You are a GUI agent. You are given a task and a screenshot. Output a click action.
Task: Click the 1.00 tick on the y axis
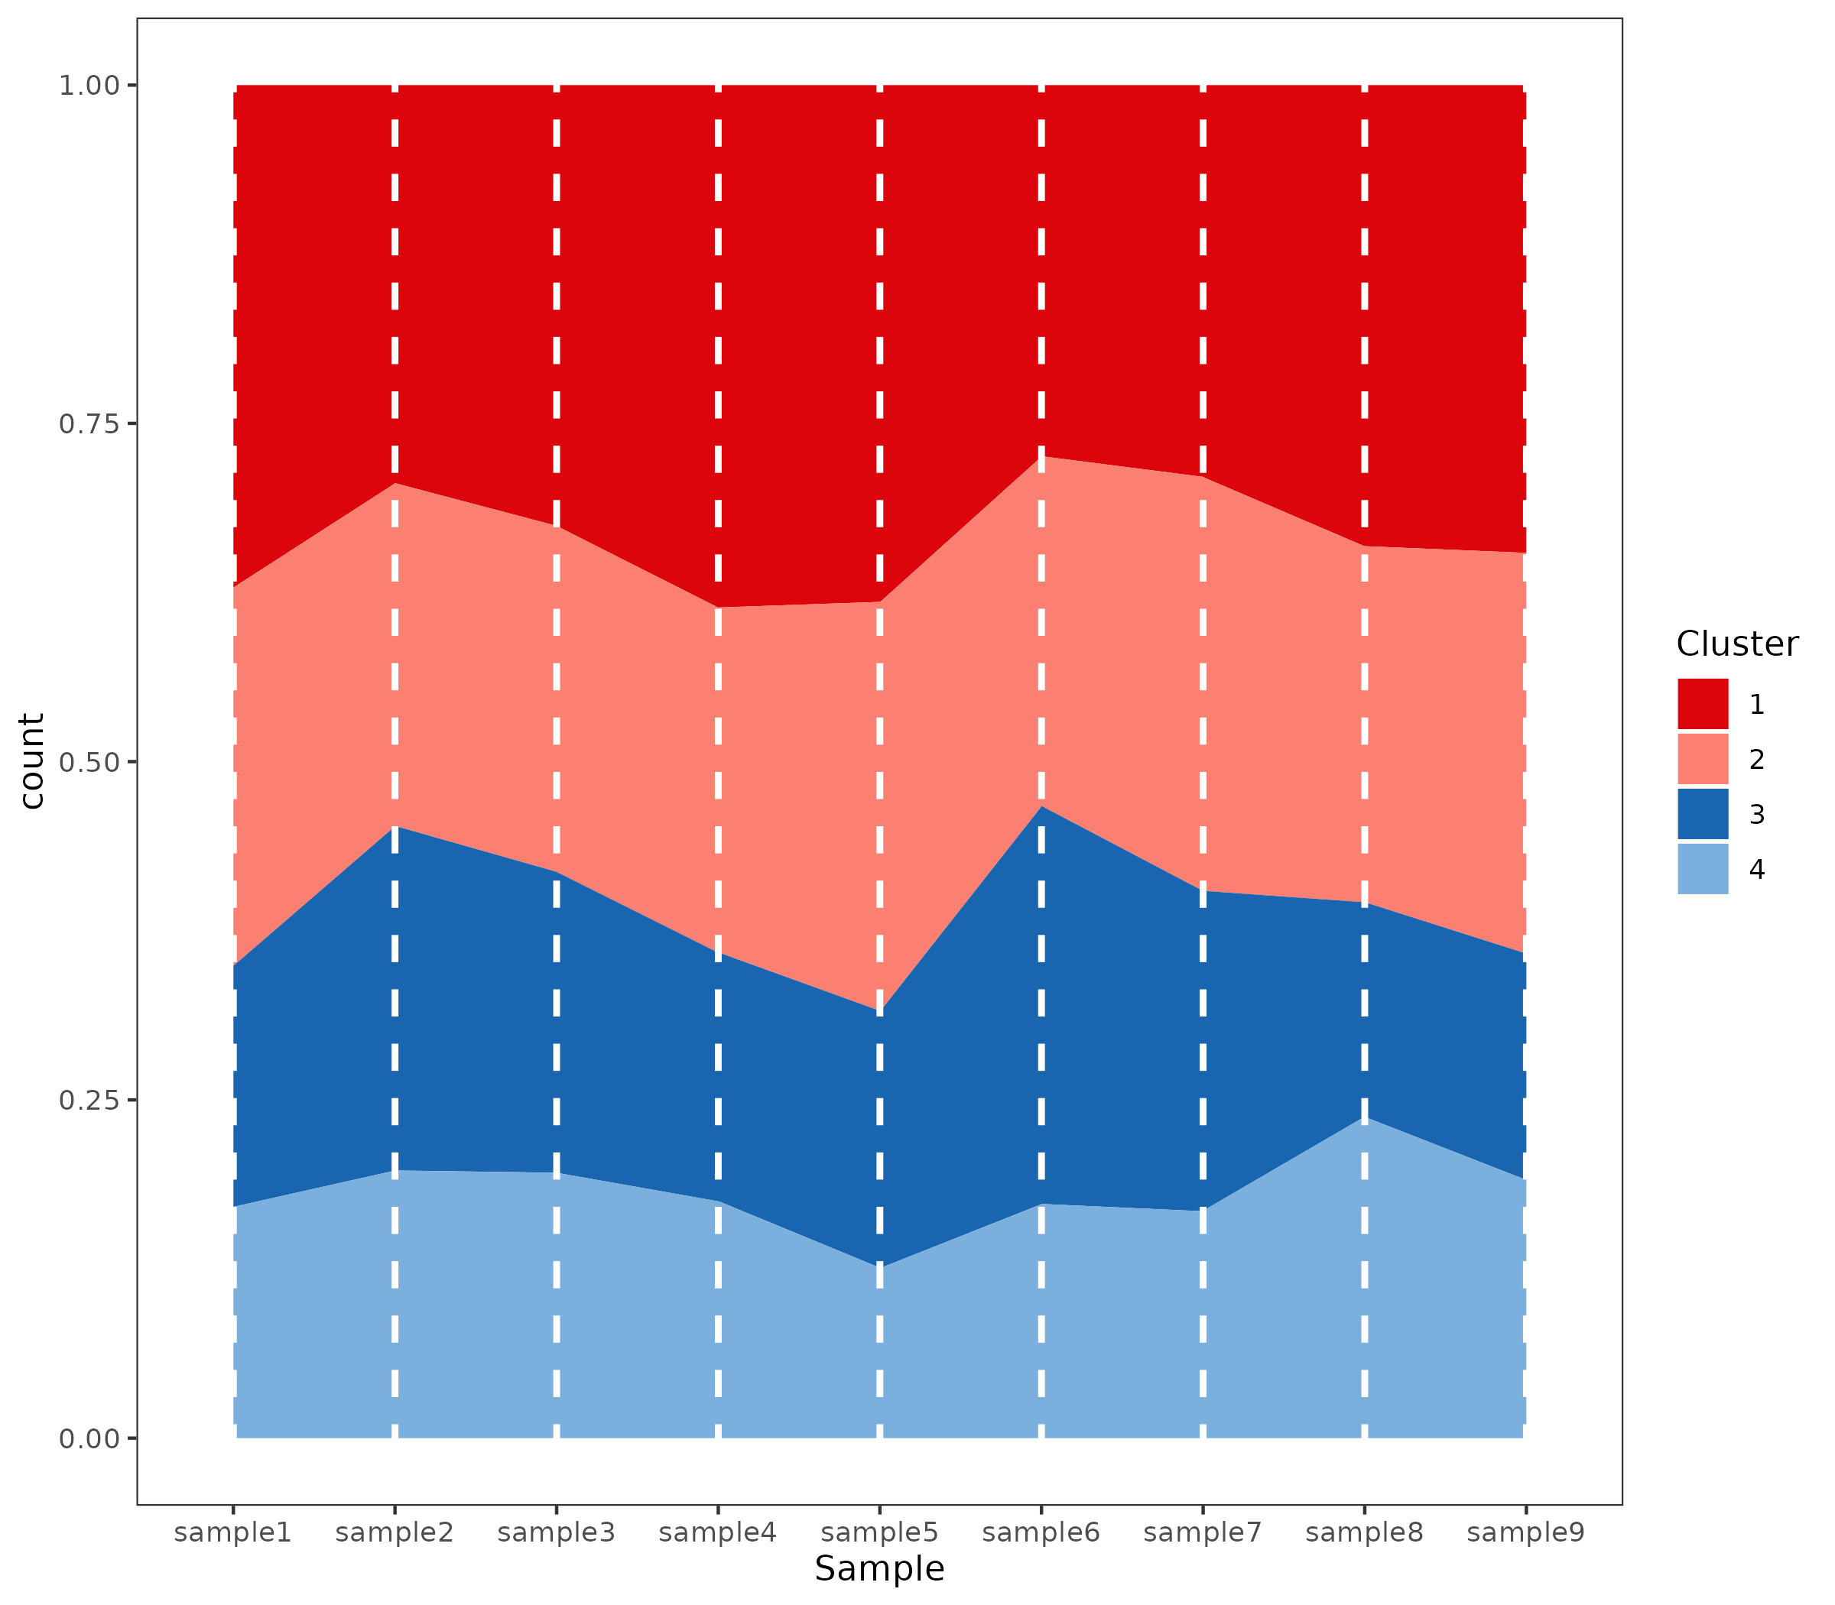pyautogui.click(x=89, y=86)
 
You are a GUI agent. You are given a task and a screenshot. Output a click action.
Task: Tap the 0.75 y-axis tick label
pyautogui.click(x=89, y=423)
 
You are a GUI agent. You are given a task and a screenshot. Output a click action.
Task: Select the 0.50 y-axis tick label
pyautogui.click(x=89, y=762)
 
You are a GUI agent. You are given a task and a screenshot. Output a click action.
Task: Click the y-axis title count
pyautogui.click(x=32, y=761)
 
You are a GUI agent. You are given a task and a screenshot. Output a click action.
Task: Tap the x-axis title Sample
pyautogui.click(x=879, y=1569)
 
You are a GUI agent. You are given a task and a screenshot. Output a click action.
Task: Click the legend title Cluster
pyautogui.click(x=1737, y=644)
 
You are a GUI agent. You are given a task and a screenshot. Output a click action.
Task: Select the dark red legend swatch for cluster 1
pyautogui.click(x=1703, y=704)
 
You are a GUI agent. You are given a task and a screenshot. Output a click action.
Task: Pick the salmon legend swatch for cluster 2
pyautogui.click(x=1703, y=759)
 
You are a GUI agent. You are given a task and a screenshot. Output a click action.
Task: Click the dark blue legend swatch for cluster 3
pyautogui.click(x=1703, y=814)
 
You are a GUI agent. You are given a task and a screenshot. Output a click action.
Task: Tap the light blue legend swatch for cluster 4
pyautogui.click(x=1703, y=869)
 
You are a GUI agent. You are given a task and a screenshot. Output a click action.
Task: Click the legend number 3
pyautogui.click(x=1757, y=814)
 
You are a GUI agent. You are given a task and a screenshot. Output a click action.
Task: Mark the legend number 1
pyautogui.click(x=1757, y=704)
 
